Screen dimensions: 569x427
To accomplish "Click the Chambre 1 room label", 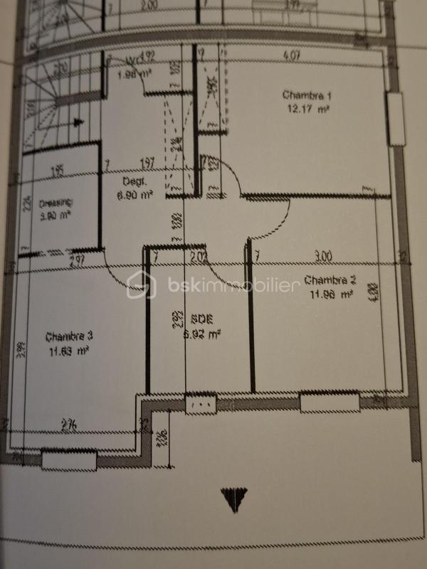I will pyautogui.click(x=307, y=95).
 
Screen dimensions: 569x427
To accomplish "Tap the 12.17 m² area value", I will pyautogui.click(x=307, y=109).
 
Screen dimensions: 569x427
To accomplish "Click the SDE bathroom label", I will pyautogui.click(x=201, y=319).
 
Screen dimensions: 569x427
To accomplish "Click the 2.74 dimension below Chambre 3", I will pyautogui.click(x=69, y=425).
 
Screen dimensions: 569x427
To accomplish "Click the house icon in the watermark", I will pyautogui.click(x=142, y=285).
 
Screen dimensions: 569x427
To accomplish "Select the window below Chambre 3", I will pyautogui.click(x=69, y=461).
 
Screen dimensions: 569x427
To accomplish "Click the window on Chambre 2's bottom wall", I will pyautogui.click(x=328, y=403).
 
